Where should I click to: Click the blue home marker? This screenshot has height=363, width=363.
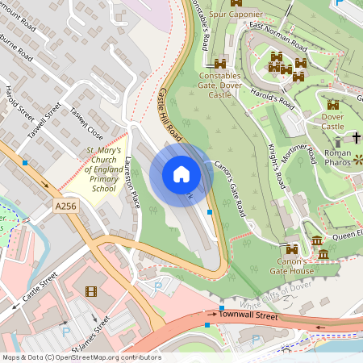pos(181,173)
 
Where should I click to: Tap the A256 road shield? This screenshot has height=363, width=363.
pos(67,207)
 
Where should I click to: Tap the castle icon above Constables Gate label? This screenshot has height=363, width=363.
pos(219,63)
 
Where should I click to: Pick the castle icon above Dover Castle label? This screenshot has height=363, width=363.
pos(333,105)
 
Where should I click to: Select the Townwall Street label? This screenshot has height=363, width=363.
pos(248,316)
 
